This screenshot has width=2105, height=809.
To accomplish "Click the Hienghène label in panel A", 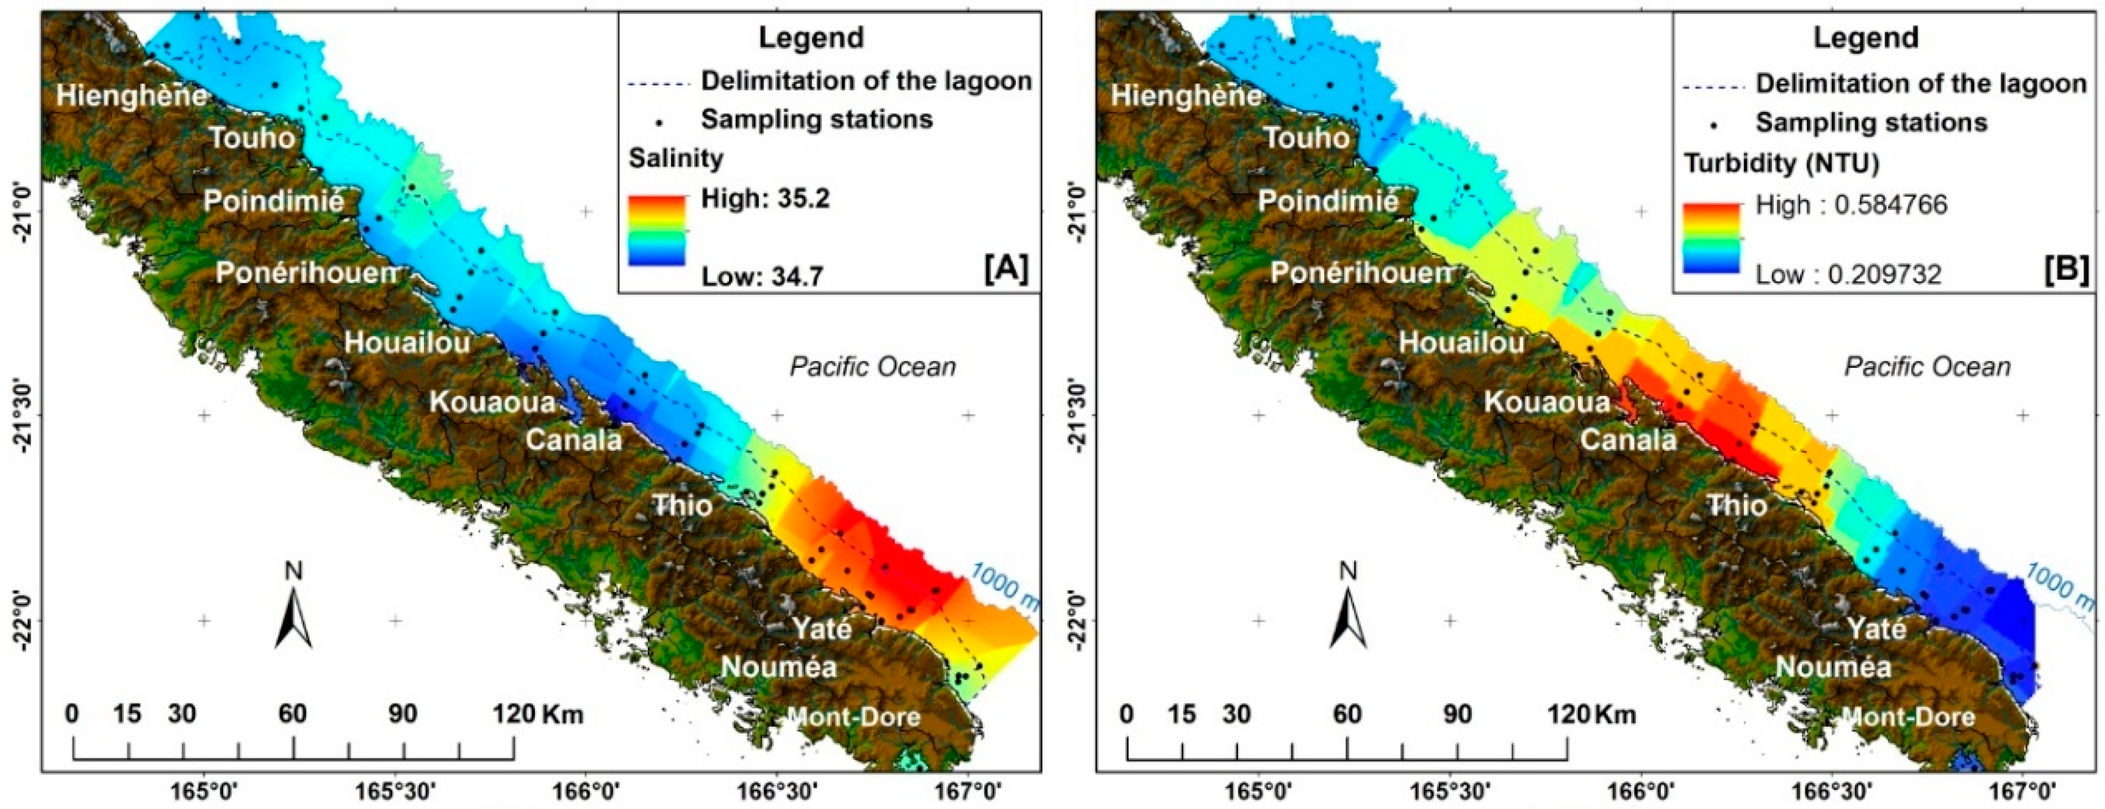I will click(131, 96).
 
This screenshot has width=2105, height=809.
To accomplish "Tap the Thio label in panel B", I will click(1737, 505).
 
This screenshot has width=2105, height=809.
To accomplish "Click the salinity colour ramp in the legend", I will click(656, 231).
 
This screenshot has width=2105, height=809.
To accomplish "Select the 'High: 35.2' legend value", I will click(765, 198).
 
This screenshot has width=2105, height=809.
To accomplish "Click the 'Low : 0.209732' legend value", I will click(1848, 274).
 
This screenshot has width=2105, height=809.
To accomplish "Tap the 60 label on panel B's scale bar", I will click(1347, 713).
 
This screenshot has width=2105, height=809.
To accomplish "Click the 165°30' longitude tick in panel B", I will click(1450, 792).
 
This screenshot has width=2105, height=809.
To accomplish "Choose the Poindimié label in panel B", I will click(1327, 201).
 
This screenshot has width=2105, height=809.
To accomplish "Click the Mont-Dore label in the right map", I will click(1908, 717).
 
